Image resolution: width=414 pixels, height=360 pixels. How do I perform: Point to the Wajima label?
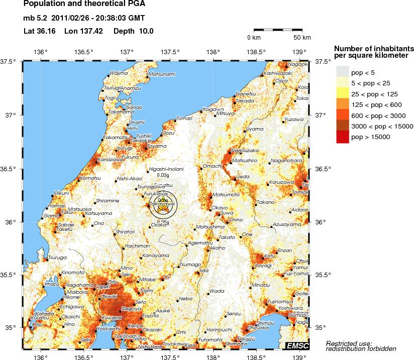(119, 73)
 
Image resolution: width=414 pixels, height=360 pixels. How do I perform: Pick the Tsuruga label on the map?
(57, 257)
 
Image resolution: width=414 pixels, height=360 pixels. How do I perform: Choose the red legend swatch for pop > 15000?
(342, 137)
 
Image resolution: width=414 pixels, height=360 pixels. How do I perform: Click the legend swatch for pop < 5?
(342, 73)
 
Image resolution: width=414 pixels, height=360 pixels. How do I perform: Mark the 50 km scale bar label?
(302, 38)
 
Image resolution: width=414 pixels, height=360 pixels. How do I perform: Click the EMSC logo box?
(296, 345)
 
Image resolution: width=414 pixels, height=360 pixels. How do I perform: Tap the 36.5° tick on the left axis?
(11, 169)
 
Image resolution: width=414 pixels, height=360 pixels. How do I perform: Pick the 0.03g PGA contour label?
(162, 175)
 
